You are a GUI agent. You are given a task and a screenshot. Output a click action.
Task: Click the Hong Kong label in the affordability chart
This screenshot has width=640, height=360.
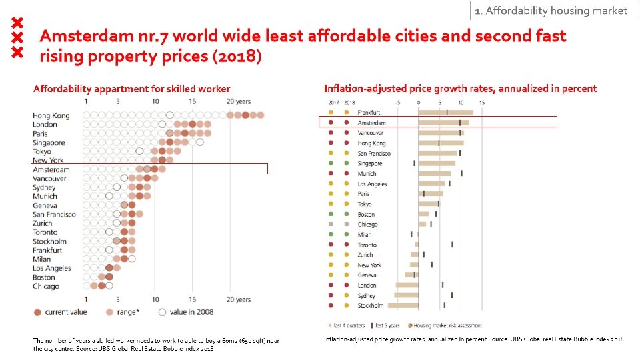click(x=51, y=115)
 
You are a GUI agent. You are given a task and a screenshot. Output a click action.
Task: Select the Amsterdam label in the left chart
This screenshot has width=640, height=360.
click(x=51, y=169)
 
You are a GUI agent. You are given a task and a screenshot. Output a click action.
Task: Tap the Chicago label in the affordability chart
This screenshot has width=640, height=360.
click(x=45, y=286)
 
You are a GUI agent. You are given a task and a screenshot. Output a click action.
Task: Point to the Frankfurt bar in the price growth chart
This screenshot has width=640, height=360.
click(x=445, y=113)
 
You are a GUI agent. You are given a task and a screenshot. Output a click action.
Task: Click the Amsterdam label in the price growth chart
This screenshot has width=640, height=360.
click(x=371, y=123)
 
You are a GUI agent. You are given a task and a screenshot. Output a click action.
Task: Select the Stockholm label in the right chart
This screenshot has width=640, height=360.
click(x=370, y=305)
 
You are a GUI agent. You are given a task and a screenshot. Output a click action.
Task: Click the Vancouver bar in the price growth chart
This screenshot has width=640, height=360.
click(x=441, y=133)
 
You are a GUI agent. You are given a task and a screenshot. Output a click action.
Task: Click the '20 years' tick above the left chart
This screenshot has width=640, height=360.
click(x=238, y=101)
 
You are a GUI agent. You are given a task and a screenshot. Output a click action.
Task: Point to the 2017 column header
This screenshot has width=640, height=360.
click(x=333, y=103)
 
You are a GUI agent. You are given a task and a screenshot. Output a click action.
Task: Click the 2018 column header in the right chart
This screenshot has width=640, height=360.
click(x=348, y=103)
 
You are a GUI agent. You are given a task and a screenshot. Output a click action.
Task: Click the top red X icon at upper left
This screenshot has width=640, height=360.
click(x=19, y=22)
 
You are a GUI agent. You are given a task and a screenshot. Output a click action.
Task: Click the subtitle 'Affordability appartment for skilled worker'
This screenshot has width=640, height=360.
click(x=131, y=89)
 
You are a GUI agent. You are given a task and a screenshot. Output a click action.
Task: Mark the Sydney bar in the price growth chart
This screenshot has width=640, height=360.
click(x=407, y=295)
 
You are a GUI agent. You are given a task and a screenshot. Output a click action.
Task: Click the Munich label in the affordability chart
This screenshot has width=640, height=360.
click(x=45, y=197)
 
